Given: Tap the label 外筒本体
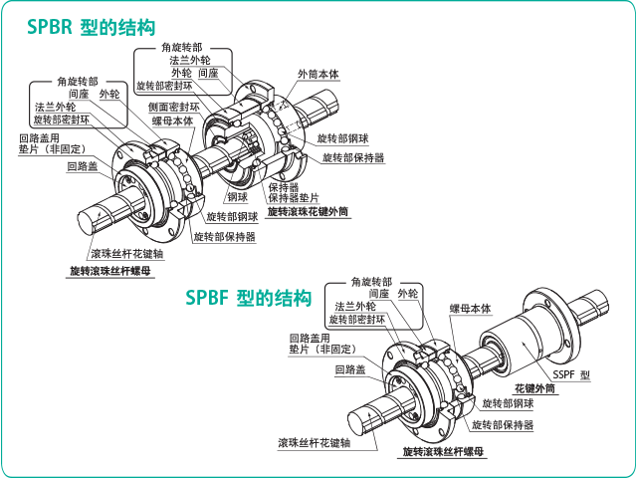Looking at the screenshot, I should [318, 75].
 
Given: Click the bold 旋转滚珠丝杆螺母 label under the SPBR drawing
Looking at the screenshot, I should [110, 271].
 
